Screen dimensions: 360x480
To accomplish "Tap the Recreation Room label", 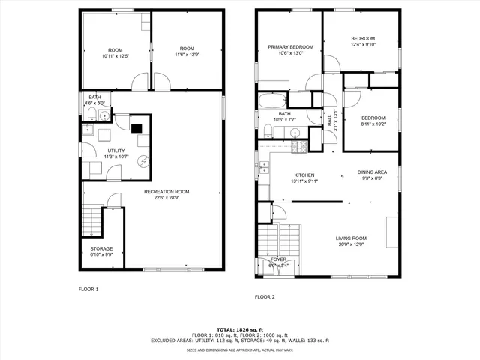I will [166, 192].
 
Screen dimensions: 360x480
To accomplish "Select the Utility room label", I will [115, 151].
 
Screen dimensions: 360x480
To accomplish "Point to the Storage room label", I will [101, 248].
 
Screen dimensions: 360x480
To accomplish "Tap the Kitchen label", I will [304, 175].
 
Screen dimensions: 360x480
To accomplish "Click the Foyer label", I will [278, 259].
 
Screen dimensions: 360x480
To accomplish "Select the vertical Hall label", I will [329, 120].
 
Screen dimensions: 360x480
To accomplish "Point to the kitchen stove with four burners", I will [299, 146].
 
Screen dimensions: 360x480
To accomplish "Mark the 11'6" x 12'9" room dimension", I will [187, 55].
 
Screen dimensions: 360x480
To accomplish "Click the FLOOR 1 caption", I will [88, 289].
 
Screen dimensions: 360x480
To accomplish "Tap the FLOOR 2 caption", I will [265, 297].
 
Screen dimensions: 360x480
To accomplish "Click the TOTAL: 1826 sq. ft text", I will [240, 329].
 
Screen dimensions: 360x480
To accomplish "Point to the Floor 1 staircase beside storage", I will [90, 221].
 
